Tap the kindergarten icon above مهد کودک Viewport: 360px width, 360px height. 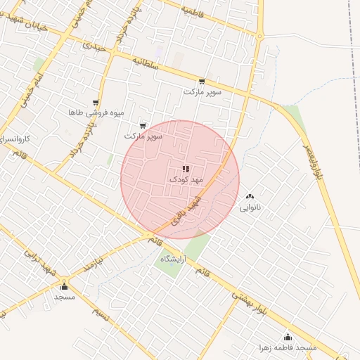click(185, 169)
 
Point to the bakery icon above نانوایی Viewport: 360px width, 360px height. click(250, 197)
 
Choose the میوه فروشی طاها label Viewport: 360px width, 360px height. click(96, 112)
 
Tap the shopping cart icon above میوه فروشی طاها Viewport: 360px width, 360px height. click(96, 103)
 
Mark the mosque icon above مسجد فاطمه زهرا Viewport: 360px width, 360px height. click(286, 337)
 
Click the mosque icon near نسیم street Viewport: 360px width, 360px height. click(65, 286)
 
